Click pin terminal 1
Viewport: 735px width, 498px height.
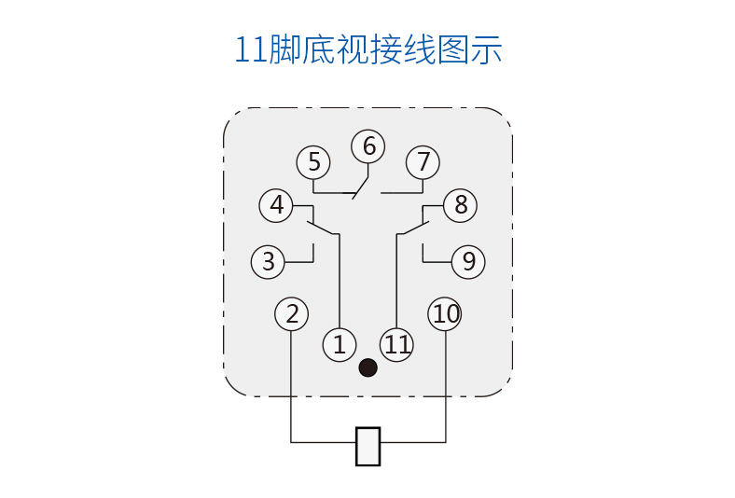[340, 345]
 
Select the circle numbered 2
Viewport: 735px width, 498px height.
[292, 314]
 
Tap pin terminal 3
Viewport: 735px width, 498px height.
[269, 262]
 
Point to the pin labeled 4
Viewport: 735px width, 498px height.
[277, 205]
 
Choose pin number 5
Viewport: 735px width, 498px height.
[313, 163]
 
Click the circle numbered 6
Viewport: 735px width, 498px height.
[368, 146]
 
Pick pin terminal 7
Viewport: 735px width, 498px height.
[423, 162]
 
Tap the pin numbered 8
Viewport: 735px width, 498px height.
[460, 205]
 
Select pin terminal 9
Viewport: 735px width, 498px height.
[468, 262]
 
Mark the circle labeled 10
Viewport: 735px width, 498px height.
[446, 314]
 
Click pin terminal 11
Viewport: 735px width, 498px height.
[397, 345]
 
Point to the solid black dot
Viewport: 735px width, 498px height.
[368, 368]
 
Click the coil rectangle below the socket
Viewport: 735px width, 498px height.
[368, 446]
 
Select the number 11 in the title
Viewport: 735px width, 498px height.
[250, 49]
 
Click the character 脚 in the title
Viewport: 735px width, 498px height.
[284, 48]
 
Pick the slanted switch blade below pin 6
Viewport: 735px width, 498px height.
[361, 187]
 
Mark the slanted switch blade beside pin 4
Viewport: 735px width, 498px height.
[321, 227]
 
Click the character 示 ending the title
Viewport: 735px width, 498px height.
[486, 48]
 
